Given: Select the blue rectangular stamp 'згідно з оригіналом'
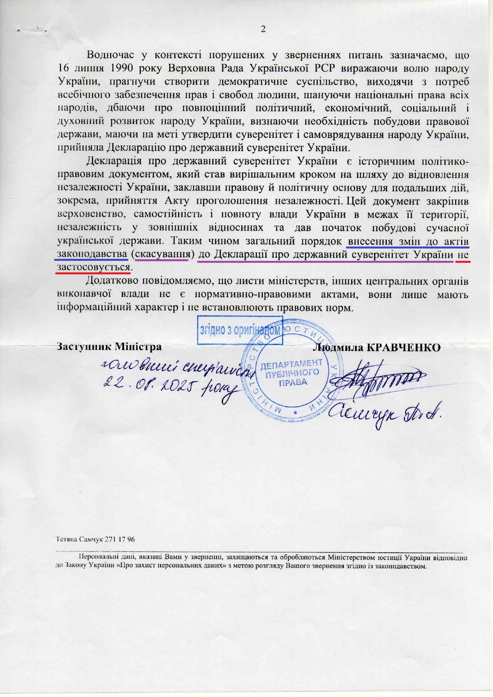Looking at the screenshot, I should point(240,330).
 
